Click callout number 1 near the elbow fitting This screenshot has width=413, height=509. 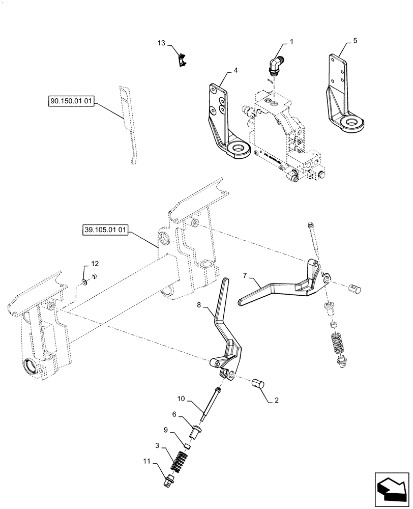pos(291,40)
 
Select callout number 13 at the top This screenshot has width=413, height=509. pos(162,44)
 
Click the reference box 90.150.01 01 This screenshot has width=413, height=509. pos(71,102)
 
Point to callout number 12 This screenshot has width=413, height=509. pos(95,263)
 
